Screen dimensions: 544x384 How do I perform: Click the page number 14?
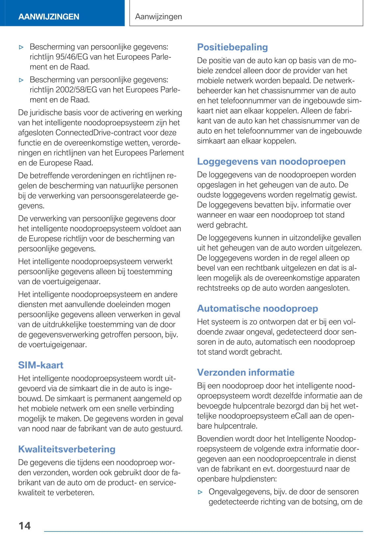[x=25, y=526]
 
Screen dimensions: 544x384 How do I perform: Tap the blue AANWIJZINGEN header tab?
[x=49, y=16]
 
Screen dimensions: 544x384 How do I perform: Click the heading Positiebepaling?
[x=232, y=47]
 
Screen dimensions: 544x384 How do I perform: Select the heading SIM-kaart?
[x=41, y=365]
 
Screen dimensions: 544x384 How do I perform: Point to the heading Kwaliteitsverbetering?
[x=67, y=449]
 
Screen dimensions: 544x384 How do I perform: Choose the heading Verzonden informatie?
[x=246, y=372]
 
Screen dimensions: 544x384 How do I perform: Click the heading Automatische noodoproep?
[x=258, y=309]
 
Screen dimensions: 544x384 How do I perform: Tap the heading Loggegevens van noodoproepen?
[x=271, y=161]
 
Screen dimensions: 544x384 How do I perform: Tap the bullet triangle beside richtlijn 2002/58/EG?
[x=21, y=80]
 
